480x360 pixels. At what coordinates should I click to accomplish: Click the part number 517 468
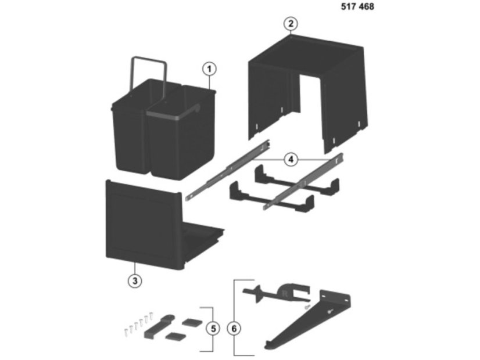click(357, 6)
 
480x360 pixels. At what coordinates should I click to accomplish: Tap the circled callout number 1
click(209, 69)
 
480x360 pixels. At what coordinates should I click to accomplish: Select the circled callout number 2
click(291, 24)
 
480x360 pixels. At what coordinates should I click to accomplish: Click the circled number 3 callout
click(135, 281)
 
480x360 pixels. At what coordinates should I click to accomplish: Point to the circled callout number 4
click(291, 159)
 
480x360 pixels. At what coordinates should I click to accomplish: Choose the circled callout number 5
click(213, 329)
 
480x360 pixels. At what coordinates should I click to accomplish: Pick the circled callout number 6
click(234, 329)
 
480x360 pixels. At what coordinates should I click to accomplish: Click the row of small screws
click(138, 324)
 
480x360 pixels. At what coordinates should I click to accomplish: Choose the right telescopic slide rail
click(303, 182)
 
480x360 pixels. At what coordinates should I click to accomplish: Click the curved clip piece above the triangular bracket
click(277, 293)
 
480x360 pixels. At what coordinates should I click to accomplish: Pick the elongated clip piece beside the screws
click(158, 327)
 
